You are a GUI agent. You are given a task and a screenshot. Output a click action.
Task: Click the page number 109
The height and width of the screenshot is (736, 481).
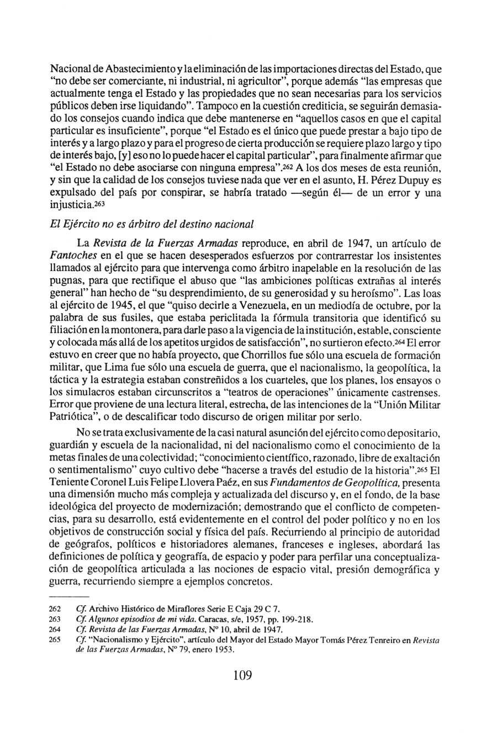click(x=242, y=690)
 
